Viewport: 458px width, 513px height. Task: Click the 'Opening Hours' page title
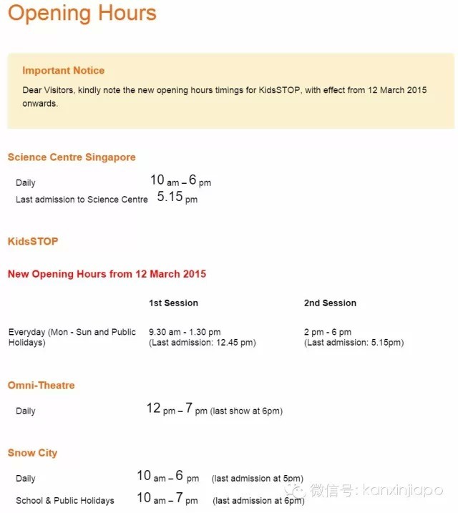point(82,13)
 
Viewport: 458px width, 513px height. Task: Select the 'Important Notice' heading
point(63,70)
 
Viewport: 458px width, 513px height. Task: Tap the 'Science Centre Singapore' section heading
point(72,157)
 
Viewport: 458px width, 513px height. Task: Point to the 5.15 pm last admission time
point(177,197)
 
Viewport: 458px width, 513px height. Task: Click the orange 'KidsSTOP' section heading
point(33,241)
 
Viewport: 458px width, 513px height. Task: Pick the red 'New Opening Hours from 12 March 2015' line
point(107,274)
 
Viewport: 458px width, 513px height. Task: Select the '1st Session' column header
point(173,303)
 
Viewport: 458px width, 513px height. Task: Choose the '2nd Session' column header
point(330,303)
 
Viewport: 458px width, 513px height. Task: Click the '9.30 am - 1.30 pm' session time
point(185,332)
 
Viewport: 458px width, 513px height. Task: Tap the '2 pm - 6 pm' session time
point(328,332)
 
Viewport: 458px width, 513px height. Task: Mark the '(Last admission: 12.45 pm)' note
point(202,343)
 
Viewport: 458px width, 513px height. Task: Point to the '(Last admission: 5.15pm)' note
point(354,343)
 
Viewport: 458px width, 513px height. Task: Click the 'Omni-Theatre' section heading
point(41,386)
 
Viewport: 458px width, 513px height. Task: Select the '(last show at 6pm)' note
point(246,411)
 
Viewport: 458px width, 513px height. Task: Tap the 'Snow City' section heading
point(32,453)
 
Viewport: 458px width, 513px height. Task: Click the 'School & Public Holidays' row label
point(64,501)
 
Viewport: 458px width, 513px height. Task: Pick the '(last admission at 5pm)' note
point(257,479)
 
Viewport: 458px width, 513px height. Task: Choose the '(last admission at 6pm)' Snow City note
point(259,501)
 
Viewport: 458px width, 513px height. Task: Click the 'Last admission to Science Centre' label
point(82,200)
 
